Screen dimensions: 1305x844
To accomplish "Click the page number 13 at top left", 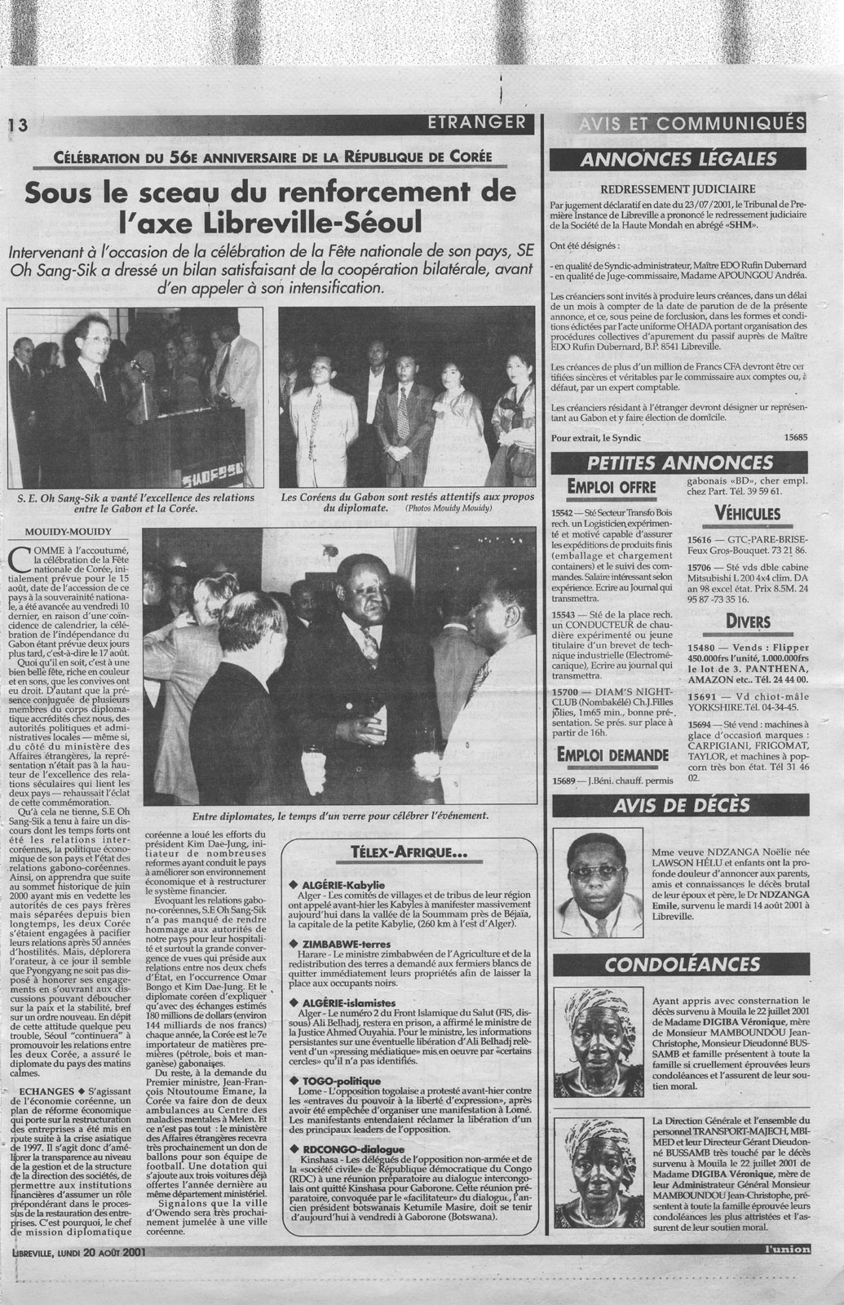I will click(17, 125).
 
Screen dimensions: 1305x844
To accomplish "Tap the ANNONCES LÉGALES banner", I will click(677, 160).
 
